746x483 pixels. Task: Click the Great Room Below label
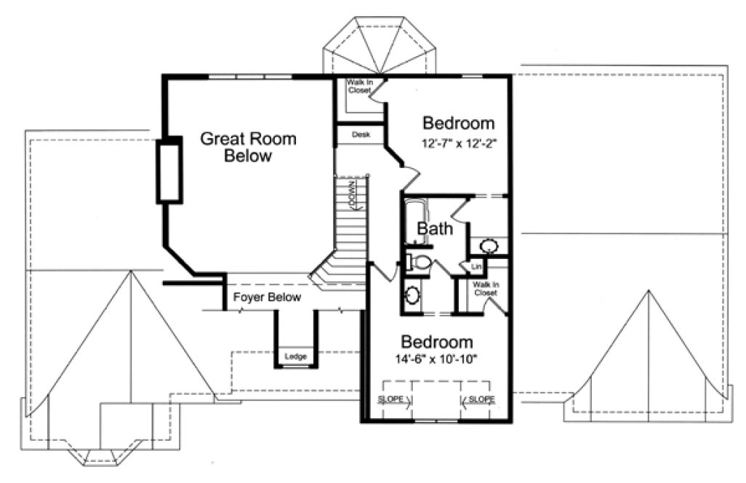tap(248, 147)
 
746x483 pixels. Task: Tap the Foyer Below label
tap(267, 298)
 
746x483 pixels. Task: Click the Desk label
tap(361, 135)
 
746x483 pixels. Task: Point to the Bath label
tap(435, 229)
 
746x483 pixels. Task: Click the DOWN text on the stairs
tap(353, 194)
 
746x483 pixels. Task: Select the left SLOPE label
tap(391, 400)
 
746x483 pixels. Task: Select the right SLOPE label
tap(481, 400)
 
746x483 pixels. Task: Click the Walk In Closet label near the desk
tap(360, 87)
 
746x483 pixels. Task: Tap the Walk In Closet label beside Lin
tap(484, 289)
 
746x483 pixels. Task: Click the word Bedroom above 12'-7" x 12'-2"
tap(459, 123)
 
